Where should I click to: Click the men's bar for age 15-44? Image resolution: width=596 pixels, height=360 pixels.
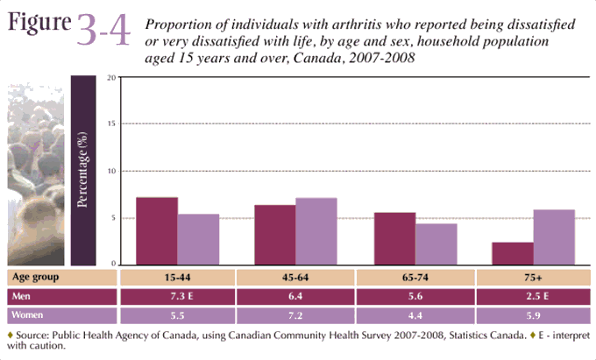158,230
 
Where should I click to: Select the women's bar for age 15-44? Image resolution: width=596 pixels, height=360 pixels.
199,239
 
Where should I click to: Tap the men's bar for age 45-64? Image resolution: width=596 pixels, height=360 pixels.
275,234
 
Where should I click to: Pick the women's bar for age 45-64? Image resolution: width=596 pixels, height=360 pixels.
316,230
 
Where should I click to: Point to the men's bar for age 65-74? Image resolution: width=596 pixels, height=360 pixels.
395,237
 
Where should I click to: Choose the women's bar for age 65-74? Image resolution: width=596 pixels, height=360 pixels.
436,244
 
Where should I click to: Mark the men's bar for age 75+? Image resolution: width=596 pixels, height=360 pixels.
513,253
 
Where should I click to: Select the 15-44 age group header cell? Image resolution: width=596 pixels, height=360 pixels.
178,277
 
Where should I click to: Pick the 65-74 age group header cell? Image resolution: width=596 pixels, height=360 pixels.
415,277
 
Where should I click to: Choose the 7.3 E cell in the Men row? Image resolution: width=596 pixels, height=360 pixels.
178,296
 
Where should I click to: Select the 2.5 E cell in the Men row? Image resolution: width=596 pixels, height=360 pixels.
533,296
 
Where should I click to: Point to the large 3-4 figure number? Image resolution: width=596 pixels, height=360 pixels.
103,31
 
